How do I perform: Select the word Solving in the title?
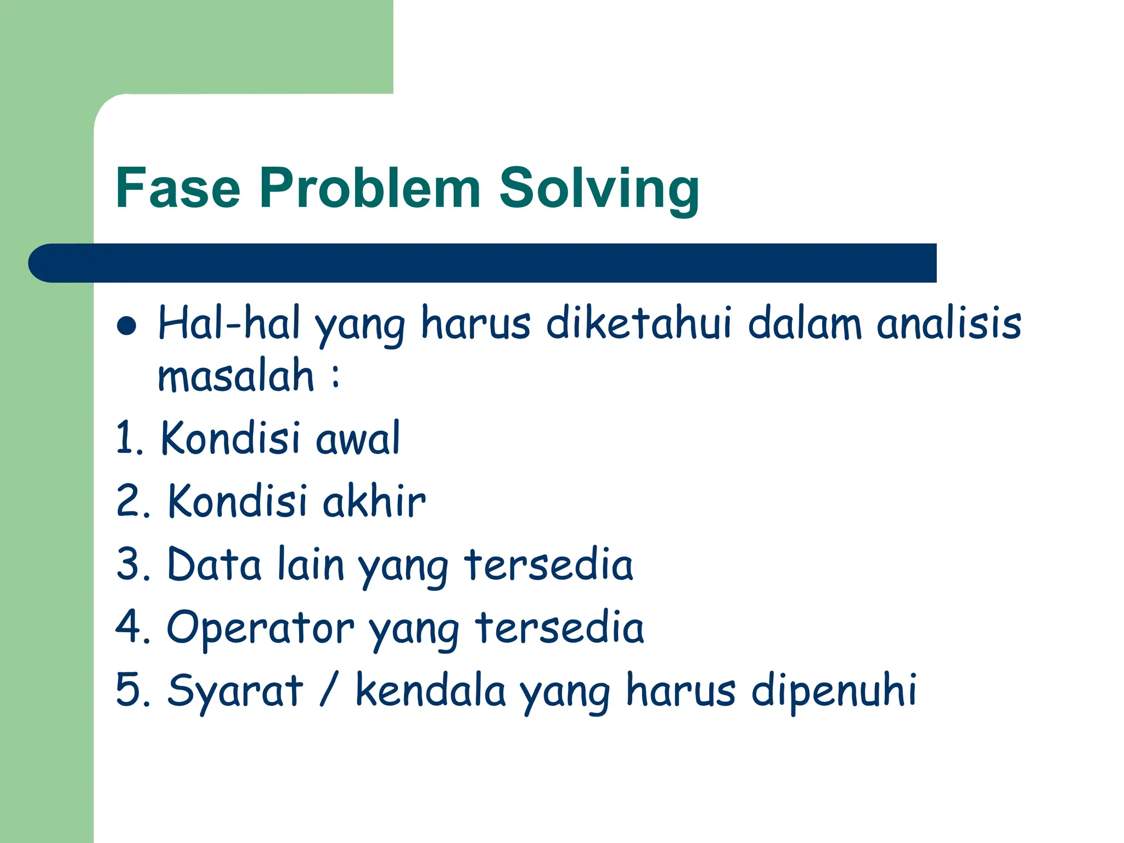point(599,189)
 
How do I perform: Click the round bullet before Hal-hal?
point(127,325)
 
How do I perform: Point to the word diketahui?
point(639,323)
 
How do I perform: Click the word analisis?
point(949,323)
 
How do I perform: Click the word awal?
point(358,439)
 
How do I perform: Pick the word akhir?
point(374,501)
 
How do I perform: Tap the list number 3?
point(129,564)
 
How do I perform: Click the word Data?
point(214,564)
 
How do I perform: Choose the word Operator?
point(260,628)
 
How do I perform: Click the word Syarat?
point(235,692)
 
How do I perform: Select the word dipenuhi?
point(834,692)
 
